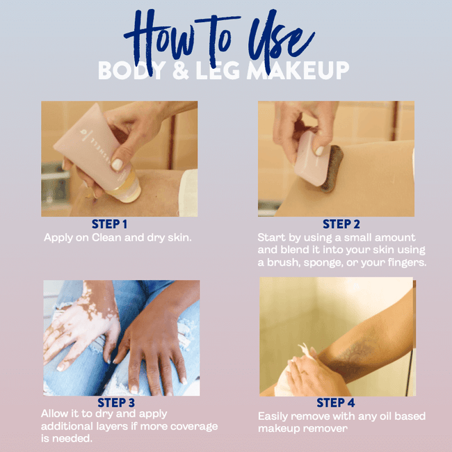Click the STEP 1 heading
(110, 224)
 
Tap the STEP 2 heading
(341, 224)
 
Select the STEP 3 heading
(116, 403)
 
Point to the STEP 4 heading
(336, 403)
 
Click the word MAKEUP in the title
(298, 70)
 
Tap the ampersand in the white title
(181, 70)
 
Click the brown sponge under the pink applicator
(333, 168)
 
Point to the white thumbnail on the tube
(117, 165)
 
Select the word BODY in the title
(131, 70)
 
